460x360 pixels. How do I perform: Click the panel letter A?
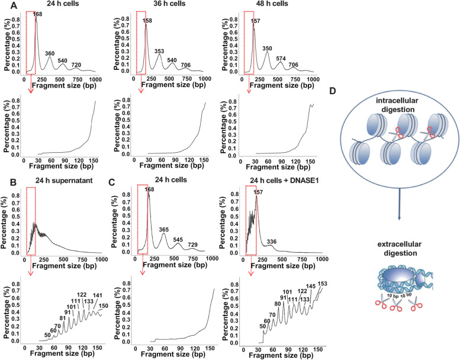tap(5, 5)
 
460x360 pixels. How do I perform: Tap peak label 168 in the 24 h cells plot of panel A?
tap(37, 14)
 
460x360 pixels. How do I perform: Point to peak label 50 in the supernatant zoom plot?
tap(30, 319)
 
